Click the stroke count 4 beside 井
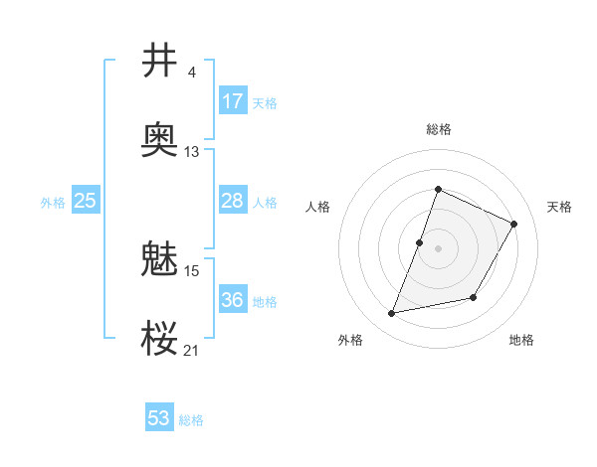(191, 73)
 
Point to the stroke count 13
(192, 152)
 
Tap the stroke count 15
(192, 270)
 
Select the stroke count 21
(192, 350)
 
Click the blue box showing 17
(233, 101)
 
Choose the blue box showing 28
(233, 201)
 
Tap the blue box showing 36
(233, 300)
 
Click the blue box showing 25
(86, 201)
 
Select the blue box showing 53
(159, 418)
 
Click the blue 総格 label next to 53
(191, 420)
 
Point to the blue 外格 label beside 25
(53, 203)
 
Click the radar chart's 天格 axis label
(560, 207)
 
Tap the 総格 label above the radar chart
(439, 129)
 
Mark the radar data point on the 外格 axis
(392, 314)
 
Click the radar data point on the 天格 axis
(514, 224)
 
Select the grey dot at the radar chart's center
(439, 247)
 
